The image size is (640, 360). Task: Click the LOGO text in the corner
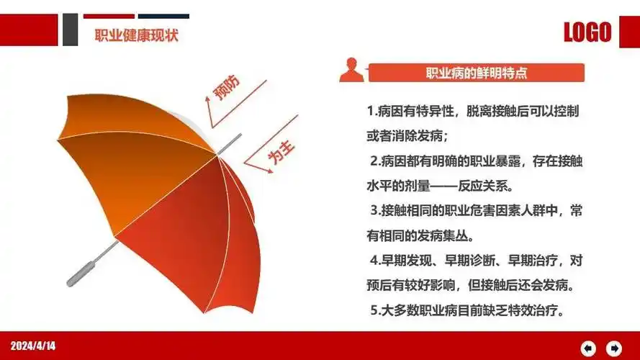click(x=587, y=32)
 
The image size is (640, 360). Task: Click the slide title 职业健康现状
click(x=136, y=35)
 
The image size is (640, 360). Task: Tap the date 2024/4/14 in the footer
click(x=33, y=346)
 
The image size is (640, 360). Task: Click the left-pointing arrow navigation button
click(x=589, y=348)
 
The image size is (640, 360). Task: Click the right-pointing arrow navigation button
click(x=614, y=348)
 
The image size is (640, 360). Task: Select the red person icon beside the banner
click(x=351, y=71)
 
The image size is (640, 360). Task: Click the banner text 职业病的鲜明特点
click(x=476, y=73)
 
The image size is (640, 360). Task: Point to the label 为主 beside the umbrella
click(x=280, y=157)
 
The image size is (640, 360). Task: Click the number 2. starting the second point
click(x=375, y=160)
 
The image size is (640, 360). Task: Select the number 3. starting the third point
click(x=375, y=210)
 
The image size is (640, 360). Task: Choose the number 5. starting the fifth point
click(x=375, y=310)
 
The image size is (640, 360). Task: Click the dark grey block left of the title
click(x=70, y=30)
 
